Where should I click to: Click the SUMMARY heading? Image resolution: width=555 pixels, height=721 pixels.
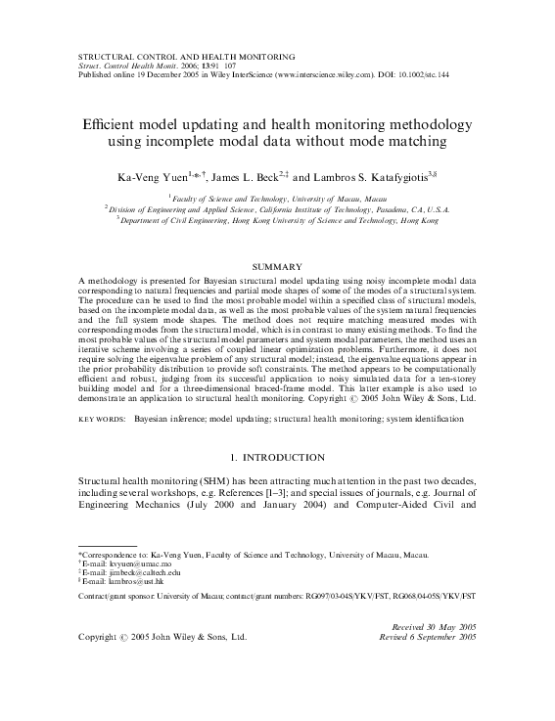coord(277,266)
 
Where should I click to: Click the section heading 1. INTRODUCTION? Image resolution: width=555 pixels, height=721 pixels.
coord(277,458)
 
